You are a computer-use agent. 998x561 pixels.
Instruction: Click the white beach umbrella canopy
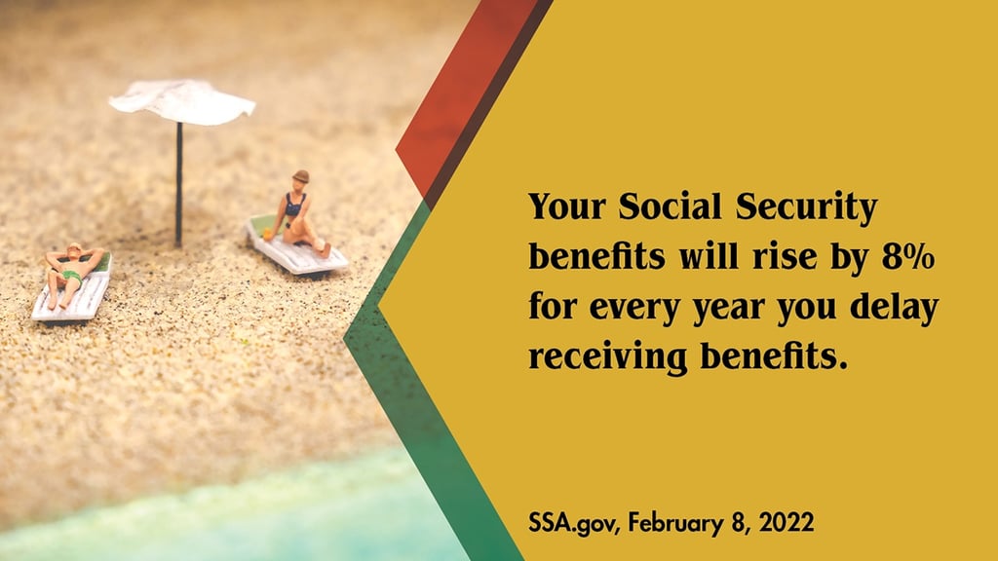(x=182, y=101)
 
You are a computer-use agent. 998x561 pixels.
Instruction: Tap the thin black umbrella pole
(x=179, y=184)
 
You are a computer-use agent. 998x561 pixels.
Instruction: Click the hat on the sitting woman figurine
(x=300, y=177)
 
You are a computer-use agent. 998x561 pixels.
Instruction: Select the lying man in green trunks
(x=71, y=274)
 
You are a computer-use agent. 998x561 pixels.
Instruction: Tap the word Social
(x=670, y=206)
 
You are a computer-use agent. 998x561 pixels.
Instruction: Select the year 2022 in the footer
(x=787, y=522)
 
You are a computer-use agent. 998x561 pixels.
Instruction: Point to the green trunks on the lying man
(x=70, y=277)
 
